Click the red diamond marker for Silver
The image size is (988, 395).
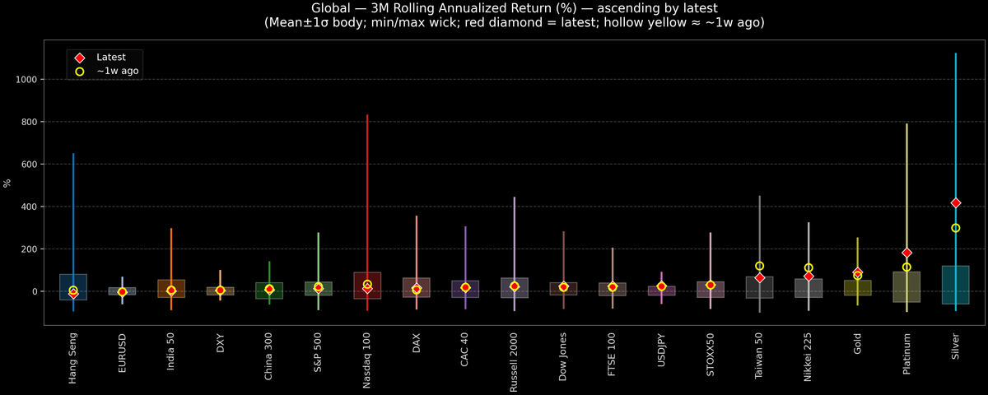955,202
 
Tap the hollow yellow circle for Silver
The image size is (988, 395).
955,228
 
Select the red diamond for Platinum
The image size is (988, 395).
906,253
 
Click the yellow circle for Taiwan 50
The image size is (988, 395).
759,266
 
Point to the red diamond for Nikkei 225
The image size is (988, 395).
809,276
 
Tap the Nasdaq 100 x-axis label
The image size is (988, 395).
367,361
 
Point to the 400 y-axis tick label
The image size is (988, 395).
32,207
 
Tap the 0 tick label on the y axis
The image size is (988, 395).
36,291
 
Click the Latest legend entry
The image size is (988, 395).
110,58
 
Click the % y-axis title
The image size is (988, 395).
7,183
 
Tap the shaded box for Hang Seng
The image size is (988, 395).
73,287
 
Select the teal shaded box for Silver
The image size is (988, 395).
955,285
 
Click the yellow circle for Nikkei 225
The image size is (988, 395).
809,267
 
